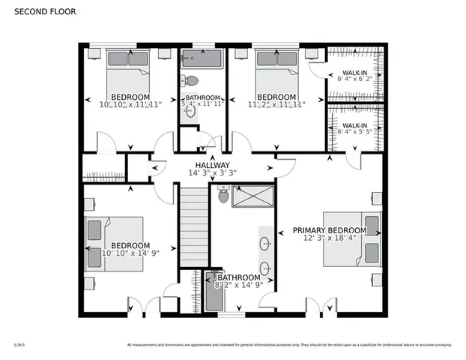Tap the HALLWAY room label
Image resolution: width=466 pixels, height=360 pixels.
tap(213, 165)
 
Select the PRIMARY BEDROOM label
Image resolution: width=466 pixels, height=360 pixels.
tap(329, 230)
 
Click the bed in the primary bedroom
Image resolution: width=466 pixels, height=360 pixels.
tap(353, 238)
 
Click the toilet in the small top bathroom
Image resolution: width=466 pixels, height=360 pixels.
tap(190, 82)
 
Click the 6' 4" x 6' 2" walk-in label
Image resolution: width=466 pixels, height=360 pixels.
tap(355, 76)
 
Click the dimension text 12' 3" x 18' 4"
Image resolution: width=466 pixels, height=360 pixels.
tap(330, 239)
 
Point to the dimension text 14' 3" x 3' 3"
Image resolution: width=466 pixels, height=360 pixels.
tap(213, 173)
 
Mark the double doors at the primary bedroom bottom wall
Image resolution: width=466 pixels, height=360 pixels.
tap(321, 307)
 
